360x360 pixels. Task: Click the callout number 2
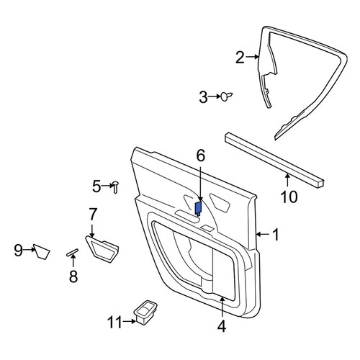[240, 58]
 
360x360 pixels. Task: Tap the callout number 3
[204, 97]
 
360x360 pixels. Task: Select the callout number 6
[201, 156]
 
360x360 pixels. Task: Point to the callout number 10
[289, 197]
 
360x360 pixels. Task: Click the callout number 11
[115, 323]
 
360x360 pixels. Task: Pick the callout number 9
[18, 250]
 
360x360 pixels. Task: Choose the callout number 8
[73, 276]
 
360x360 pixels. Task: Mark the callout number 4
[222, 326]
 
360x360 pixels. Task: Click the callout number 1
[276, 234]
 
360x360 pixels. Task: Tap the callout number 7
[93, 215]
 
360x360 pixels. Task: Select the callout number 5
[96, 186]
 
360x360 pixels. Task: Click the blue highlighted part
[198, 208]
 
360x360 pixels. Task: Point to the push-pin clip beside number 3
[226, 96]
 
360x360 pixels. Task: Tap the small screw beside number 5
[115, 187]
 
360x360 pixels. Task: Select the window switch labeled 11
[145, 312]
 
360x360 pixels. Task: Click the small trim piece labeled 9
[42, 251]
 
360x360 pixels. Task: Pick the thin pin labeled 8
[72, 252]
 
